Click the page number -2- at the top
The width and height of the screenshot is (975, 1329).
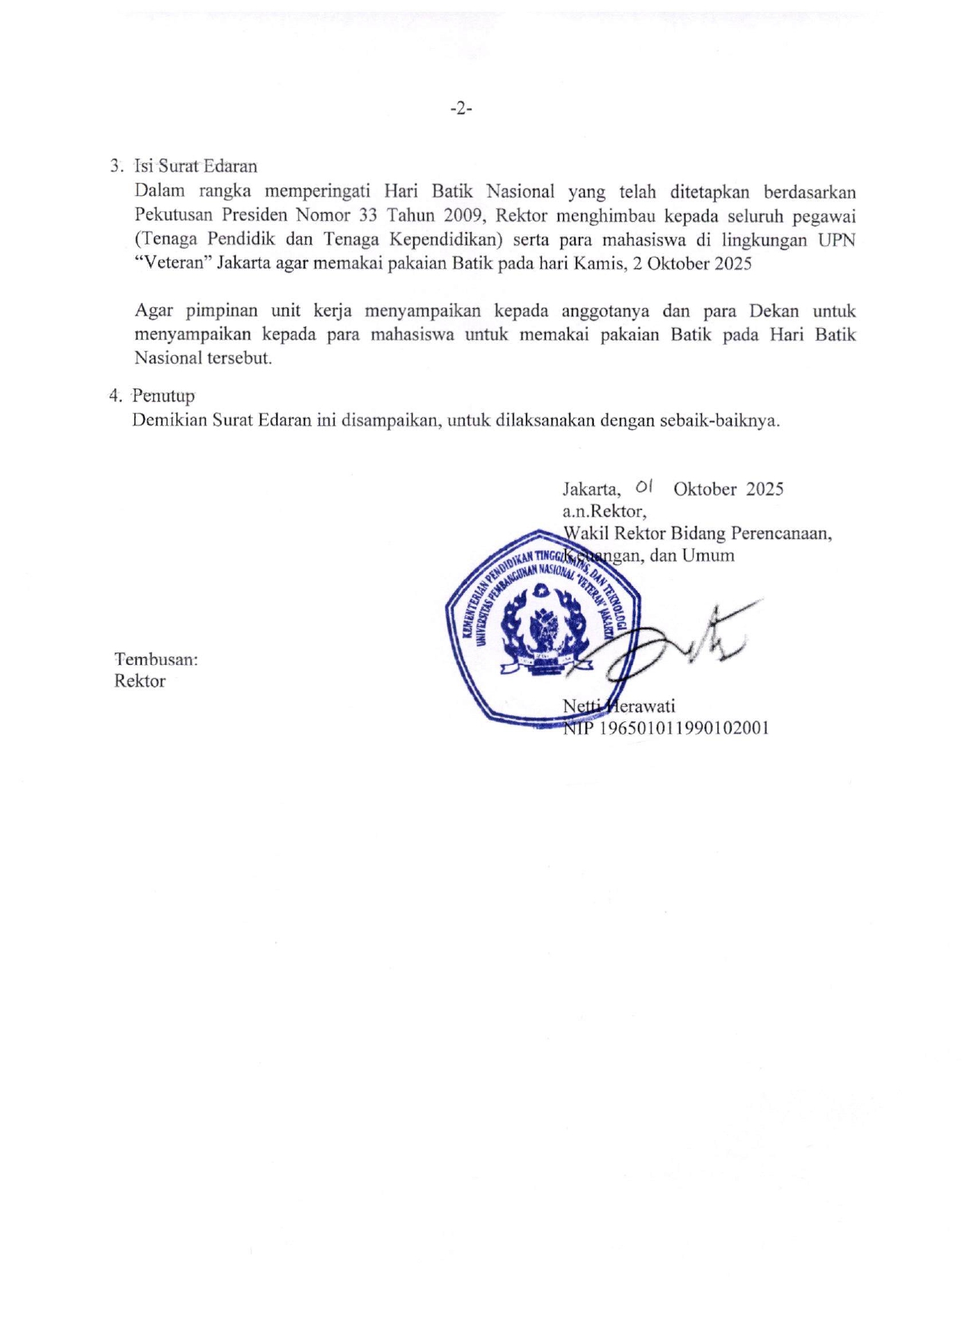461,109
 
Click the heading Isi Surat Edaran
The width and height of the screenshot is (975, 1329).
195,166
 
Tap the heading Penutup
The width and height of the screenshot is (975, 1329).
163,396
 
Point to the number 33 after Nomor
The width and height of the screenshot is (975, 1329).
368,215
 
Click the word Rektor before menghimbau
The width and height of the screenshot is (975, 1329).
521,215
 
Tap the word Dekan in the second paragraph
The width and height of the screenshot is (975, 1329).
774,310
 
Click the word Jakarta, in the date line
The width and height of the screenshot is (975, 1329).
592,490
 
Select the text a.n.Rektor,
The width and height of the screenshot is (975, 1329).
605,511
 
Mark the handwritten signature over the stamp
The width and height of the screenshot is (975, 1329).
671,644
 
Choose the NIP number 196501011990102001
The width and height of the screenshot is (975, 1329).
685,728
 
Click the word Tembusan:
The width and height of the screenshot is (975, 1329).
156,659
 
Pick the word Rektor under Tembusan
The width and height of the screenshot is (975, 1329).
140,681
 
